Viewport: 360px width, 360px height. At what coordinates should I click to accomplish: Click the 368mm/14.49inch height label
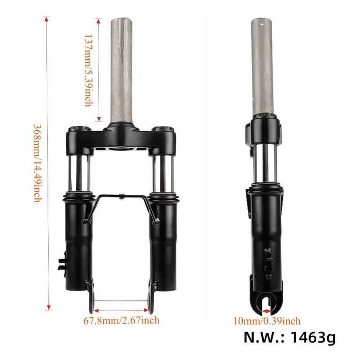tap(37, 163)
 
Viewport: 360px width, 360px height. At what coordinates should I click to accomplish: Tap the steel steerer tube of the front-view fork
tap(121, 67)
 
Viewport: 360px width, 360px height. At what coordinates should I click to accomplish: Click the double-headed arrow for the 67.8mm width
tap(121, 310)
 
